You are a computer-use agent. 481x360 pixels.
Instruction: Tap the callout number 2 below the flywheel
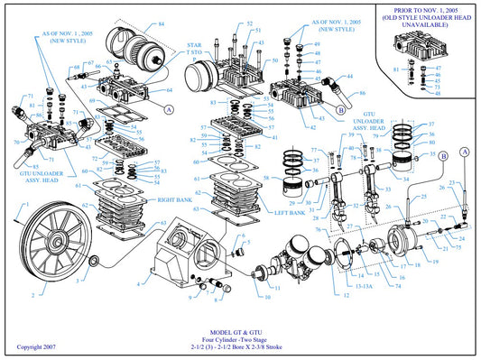point(33,295)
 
